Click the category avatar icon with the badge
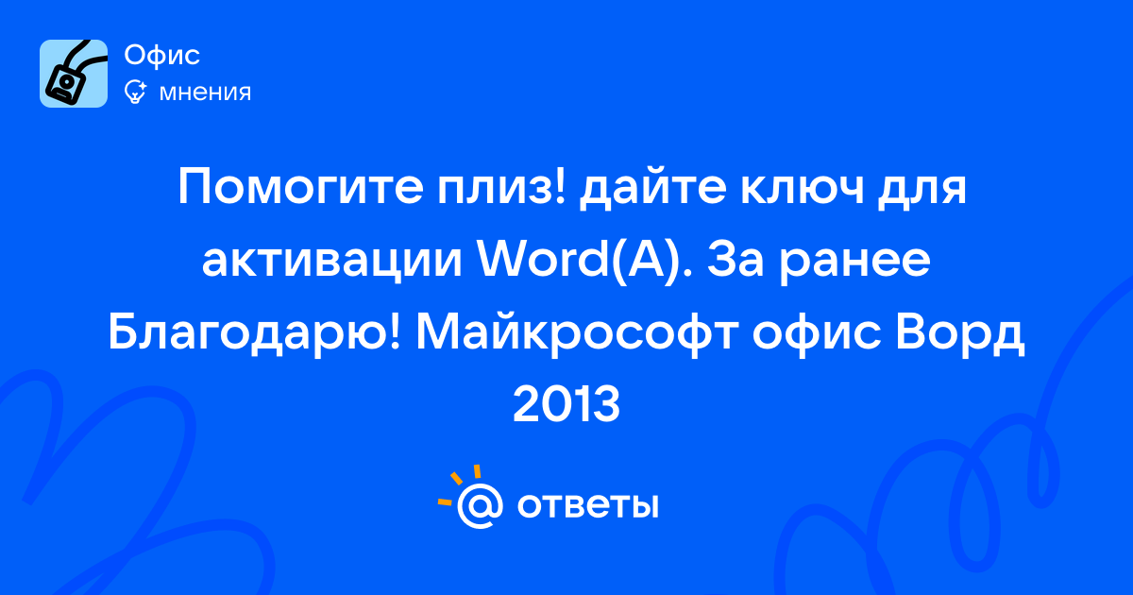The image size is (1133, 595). point(74,74)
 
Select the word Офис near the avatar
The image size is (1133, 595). point(161,55)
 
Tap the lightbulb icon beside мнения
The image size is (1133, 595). point(135,92)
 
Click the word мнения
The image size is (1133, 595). point(205,93)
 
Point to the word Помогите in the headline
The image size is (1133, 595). point(300,188)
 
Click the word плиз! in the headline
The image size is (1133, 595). point(500,188)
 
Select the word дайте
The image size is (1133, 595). point(652,188)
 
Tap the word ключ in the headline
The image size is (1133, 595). point(803,188)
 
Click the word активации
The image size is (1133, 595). point(332,261)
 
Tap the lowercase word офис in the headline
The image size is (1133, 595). point(817,334)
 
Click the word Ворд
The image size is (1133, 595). point(959,335)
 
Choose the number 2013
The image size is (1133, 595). point(566,404)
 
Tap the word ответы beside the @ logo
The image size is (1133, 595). point(587,505)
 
